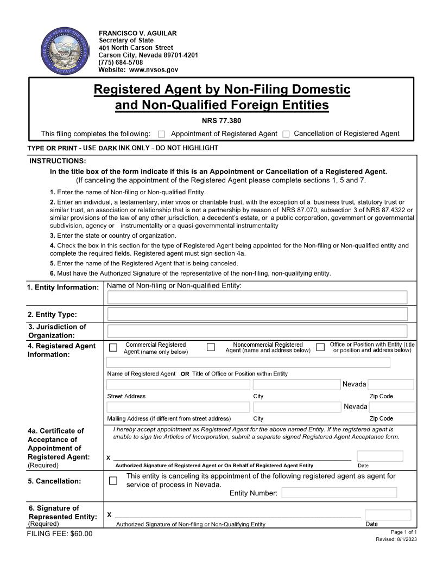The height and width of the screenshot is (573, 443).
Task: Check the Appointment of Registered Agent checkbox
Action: [161, 134]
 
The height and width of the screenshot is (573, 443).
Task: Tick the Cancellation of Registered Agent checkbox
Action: [286, 134]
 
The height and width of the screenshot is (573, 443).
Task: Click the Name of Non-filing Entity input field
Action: [257, 297]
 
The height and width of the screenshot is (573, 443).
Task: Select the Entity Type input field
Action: [257, 314]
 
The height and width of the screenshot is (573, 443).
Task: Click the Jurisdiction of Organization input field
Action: [257, 331]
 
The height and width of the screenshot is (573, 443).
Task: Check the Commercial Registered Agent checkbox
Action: [113, 347]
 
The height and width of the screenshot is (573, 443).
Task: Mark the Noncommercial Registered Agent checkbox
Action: [211, 347]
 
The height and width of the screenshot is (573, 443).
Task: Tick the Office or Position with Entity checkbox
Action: [320, 347]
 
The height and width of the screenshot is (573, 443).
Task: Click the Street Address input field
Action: [178, 385]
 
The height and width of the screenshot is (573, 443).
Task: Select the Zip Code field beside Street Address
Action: [391, 385]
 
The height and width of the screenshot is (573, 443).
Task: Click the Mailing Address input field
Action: [178, 407]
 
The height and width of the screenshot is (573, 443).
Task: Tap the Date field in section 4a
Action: [379, 456]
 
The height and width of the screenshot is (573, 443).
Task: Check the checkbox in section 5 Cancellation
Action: [113, 480]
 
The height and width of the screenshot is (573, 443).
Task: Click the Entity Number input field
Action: [339, 493]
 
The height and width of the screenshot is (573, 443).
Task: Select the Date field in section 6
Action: [388, 515]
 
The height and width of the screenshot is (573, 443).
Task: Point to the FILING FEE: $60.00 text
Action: [60, 534]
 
